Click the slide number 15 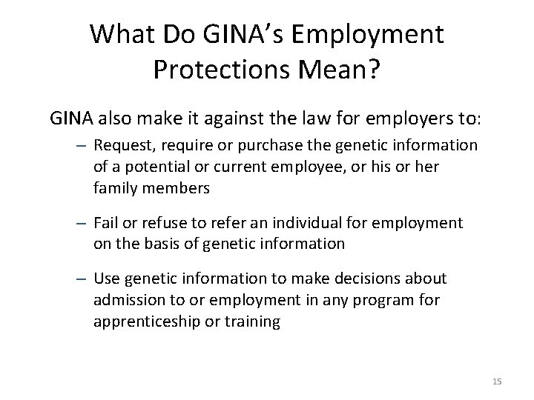(x=497, y=381)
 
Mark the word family (x=112, y=187)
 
